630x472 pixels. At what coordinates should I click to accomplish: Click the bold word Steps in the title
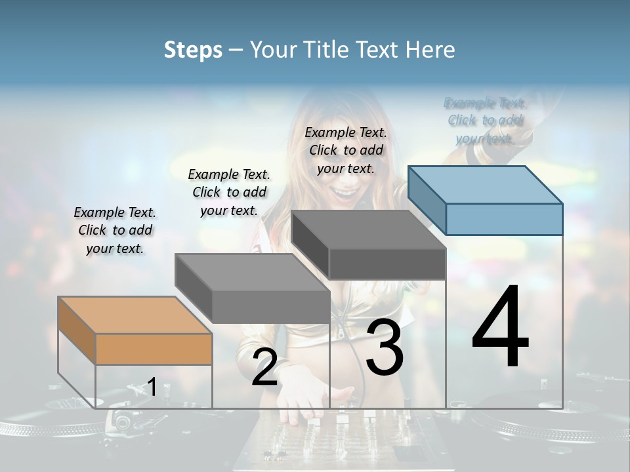193,50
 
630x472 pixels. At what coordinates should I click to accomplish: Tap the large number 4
500,328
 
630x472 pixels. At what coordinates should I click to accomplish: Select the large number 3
385,347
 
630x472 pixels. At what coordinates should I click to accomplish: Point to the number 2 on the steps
264,367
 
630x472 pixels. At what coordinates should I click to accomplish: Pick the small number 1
152,387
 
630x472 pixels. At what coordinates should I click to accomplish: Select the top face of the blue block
486,185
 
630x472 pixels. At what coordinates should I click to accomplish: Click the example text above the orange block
115,230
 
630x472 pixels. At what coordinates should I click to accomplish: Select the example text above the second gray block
229,192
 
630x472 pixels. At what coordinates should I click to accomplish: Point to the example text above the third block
346,150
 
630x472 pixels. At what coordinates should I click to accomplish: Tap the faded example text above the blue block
485,121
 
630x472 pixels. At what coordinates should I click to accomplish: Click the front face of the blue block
504,219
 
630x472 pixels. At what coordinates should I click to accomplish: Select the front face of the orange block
154,349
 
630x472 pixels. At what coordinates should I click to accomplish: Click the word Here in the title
430,50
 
